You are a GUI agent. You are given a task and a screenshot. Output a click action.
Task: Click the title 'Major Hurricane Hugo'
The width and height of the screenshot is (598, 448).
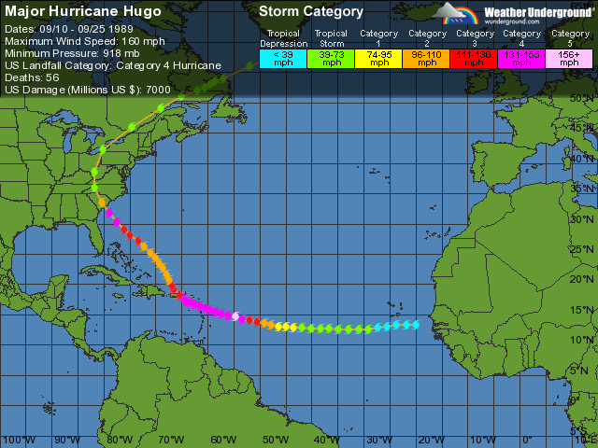[83, 12]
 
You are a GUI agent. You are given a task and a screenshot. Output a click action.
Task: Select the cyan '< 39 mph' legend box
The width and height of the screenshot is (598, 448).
[283, 58]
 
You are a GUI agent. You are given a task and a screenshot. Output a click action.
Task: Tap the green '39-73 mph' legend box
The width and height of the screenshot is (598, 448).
[331, 58]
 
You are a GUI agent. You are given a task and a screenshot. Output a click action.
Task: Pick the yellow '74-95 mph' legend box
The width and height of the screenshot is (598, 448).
[379, 58]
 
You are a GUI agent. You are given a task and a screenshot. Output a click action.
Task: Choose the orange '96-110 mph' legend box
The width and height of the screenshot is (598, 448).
[427, 58]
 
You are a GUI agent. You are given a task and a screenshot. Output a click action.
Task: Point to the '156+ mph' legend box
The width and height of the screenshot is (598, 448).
[570, 58]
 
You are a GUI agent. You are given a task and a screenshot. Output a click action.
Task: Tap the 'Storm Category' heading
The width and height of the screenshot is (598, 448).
[311, 12]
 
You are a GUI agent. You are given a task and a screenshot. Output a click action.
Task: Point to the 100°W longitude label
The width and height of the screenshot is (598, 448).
[16, 440]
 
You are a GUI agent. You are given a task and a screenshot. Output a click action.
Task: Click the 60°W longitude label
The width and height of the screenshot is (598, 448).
[223, 440]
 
